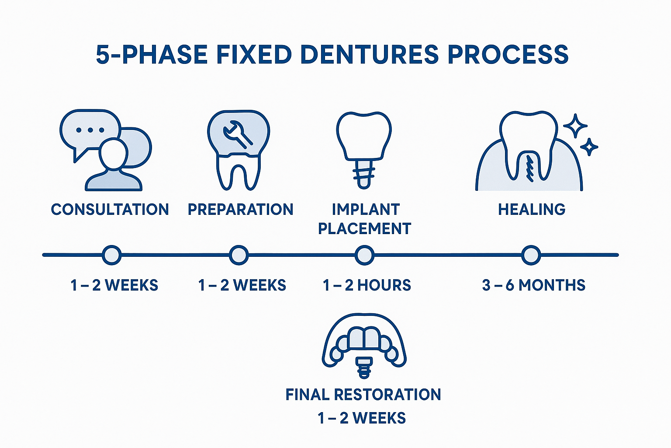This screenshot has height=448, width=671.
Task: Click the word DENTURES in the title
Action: tap(369, 55)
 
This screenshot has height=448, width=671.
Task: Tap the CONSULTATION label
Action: tap(110, 210)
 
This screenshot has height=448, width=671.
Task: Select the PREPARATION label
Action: tap(240, 210)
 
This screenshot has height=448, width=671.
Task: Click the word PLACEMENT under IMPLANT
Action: tap(364, 229)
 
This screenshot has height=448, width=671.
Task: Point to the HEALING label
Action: tap(532, 210)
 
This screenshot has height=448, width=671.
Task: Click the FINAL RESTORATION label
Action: tap(363, 395)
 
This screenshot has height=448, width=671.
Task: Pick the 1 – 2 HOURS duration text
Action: tap(367, 285)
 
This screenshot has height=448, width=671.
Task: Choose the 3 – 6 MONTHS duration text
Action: tap(533, 285)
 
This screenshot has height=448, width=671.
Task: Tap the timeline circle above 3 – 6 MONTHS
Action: tap(531, 255)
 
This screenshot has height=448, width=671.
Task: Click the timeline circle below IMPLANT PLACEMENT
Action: tap(364, 255)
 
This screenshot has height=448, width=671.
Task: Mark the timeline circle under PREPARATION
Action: tap(239, 255)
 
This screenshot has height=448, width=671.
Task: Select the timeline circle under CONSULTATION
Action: tap(112, 255)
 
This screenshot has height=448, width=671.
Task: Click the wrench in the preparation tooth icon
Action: tap(237, 133)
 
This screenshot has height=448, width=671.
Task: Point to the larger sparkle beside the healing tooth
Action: tap(575, 126)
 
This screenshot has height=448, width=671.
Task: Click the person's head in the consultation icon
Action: tap(113, 154)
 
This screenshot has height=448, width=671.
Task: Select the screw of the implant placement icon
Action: tap(364, 174)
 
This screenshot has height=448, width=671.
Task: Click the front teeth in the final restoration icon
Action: tap(364, 338)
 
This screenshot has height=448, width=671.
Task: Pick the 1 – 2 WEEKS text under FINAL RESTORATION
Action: tap(362, 418)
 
